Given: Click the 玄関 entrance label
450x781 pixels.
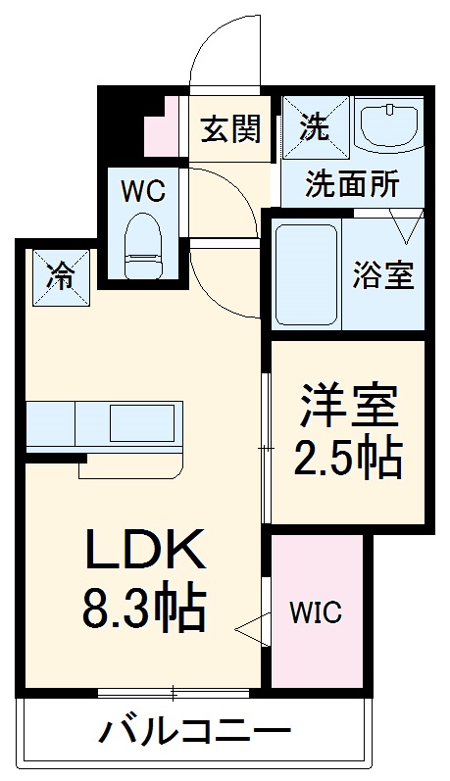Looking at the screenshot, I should click(x=231, y=128).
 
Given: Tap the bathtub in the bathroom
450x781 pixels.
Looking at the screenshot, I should click(x=307, y=274).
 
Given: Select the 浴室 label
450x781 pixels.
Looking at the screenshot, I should click(x=383, y=275).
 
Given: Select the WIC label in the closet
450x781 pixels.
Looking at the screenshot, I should click(x=316, y=613).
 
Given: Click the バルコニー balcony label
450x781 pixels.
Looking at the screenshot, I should click(x=195, y=732).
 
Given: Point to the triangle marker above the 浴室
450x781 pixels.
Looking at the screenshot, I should click(x=404, y=228).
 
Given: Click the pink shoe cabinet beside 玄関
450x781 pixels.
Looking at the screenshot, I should click(x=162, y=132).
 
